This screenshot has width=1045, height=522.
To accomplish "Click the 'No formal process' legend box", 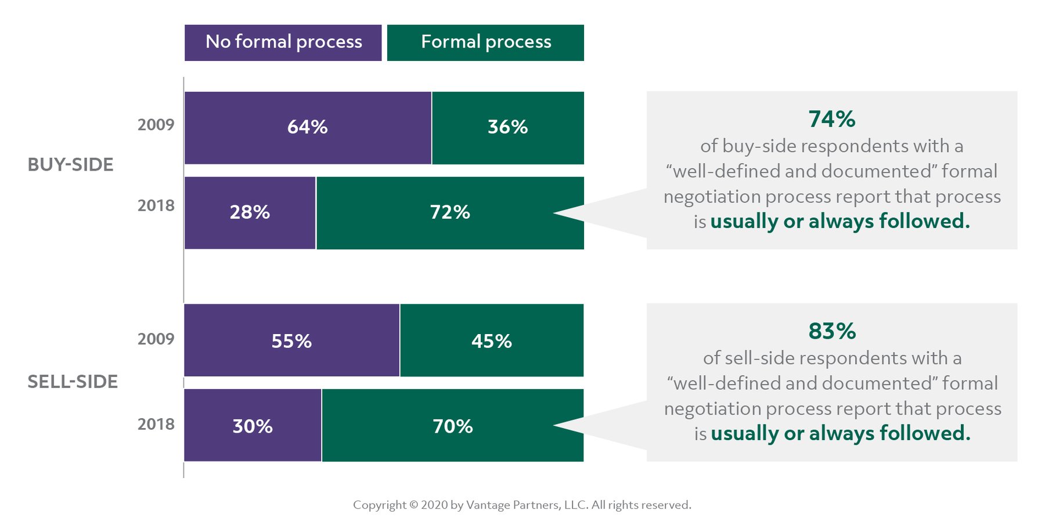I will click(283, 42).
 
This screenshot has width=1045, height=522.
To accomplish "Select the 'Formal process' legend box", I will click(485, 42).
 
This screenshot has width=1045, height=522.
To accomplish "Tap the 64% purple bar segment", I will click(308, 128).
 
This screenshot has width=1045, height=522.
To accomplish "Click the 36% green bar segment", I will click(508, 128).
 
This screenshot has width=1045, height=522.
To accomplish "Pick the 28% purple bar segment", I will click(250, 213).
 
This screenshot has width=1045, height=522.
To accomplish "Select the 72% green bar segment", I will click(450, 213).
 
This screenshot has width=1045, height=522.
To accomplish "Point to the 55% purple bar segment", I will click(291, 340).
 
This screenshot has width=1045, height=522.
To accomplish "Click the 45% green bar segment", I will click(492, 340).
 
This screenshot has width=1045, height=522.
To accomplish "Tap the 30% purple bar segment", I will click(253, 426).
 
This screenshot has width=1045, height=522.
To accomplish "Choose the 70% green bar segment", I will click(453, 426).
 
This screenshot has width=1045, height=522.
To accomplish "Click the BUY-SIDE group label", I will click(70, 165).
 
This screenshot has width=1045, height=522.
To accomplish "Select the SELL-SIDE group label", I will click(73, 382).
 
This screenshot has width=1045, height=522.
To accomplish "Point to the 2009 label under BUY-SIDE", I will click(156, 125).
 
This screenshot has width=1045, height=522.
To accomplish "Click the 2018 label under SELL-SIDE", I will click(156, 425).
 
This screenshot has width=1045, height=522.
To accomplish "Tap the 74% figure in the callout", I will click(831, 119).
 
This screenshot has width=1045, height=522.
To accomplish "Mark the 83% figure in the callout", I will click(831, 332).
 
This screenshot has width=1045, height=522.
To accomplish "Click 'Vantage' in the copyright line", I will click(488, 505).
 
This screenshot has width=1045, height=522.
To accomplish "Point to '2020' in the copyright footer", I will click(434, 505).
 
